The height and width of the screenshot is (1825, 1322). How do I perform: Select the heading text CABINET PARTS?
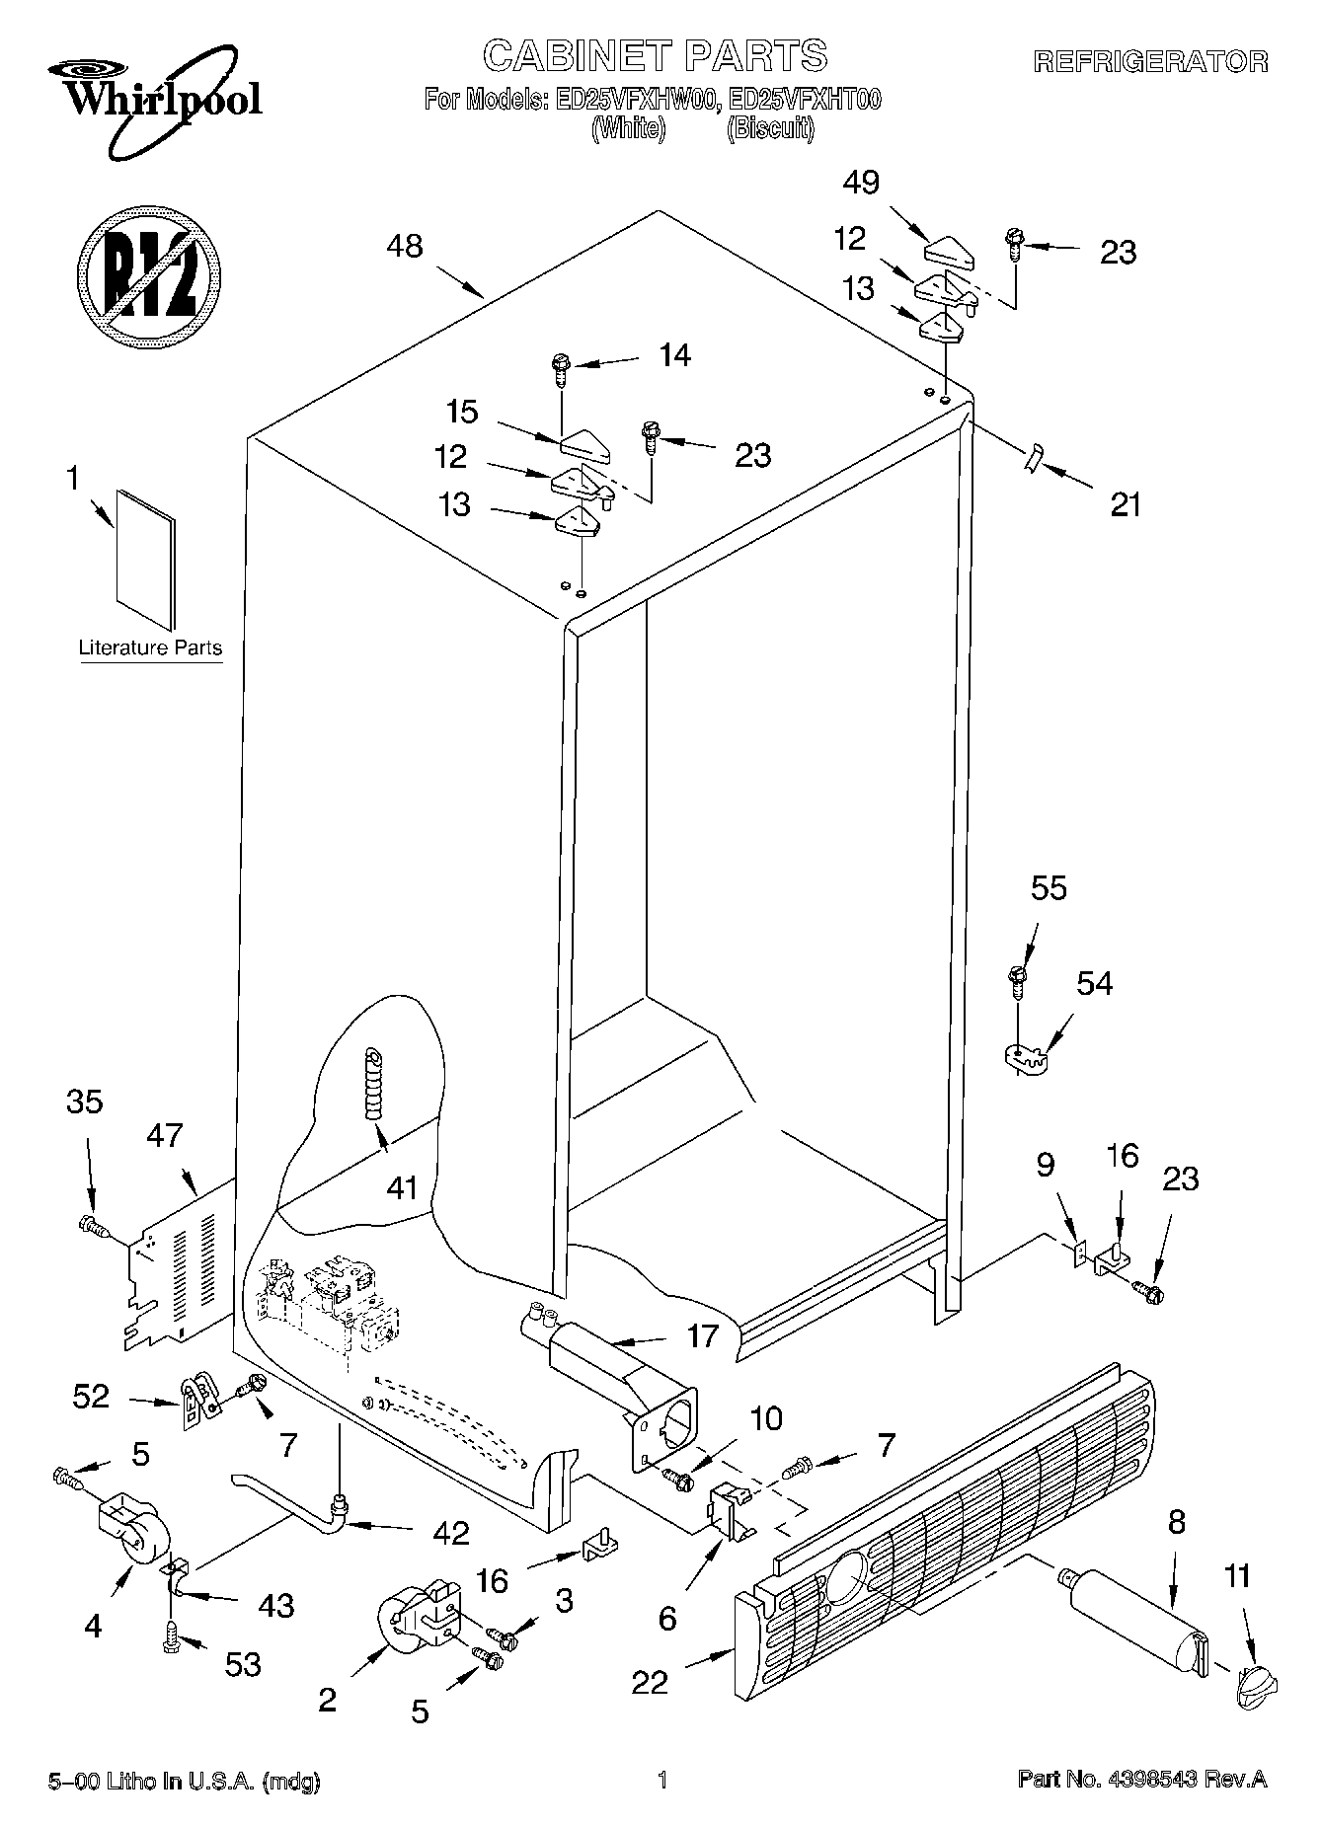tap(655, 56)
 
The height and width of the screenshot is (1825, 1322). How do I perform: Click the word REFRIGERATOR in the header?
tap(1150, 62)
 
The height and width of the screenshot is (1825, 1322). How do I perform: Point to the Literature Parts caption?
tap(150, 648)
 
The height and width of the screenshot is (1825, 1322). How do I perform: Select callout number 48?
tap(405, 246)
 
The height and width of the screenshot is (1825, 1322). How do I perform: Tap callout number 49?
tap(861, 183)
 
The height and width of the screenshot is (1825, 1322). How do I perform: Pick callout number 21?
tap(1125, 504)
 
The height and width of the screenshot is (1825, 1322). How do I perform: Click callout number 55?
tap(1049, 888)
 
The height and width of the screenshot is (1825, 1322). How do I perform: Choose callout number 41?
tap(402, 1187)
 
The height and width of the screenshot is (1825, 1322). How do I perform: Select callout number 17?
tap(702, 1336)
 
